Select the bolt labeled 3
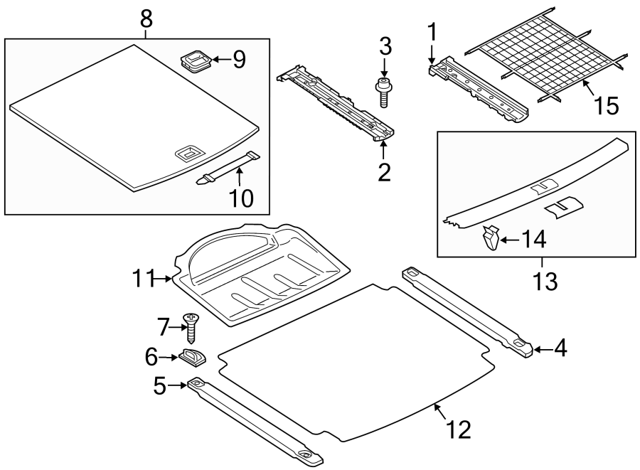(383, 91)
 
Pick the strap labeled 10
(228, 168)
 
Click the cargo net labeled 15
(548, 60)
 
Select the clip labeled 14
(489, 238)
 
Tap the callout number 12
(459, 429)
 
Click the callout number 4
(560, 349)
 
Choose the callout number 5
(160, 386)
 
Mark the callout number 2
(384, 172)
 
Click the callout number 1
(430, 32)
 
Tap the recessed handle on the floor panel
(189, 152)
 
